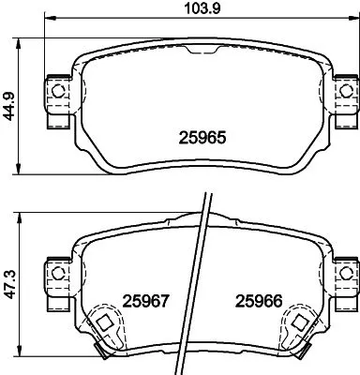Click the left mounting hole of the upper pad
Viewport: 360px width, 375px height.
click(58, 91)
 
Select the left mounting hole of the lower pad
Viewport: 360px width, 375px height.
click(58, 273)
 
